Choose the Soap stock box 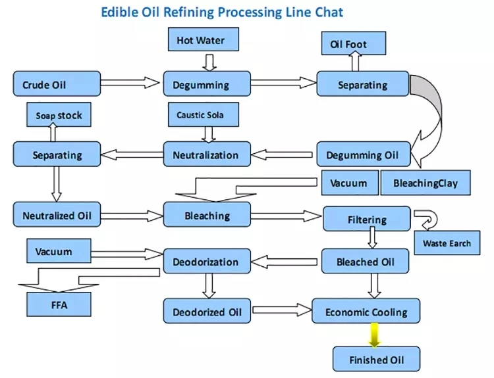[59, 116]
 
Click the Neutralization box [207, 155]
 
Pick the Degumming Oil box [363, 155]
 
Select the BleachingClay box [425, 182]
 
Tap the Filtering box [367, 220]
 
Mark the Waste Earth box [447, 243]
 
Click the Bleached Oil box [366, 262]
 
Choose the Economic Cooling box [366, 312]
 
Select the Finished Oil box [375, 360]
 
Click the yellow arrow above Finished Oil [374, 335]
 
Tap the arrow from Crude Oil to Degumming [130, 83]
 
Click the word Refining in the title [186, 12]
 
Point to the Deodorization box [206, 262]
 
